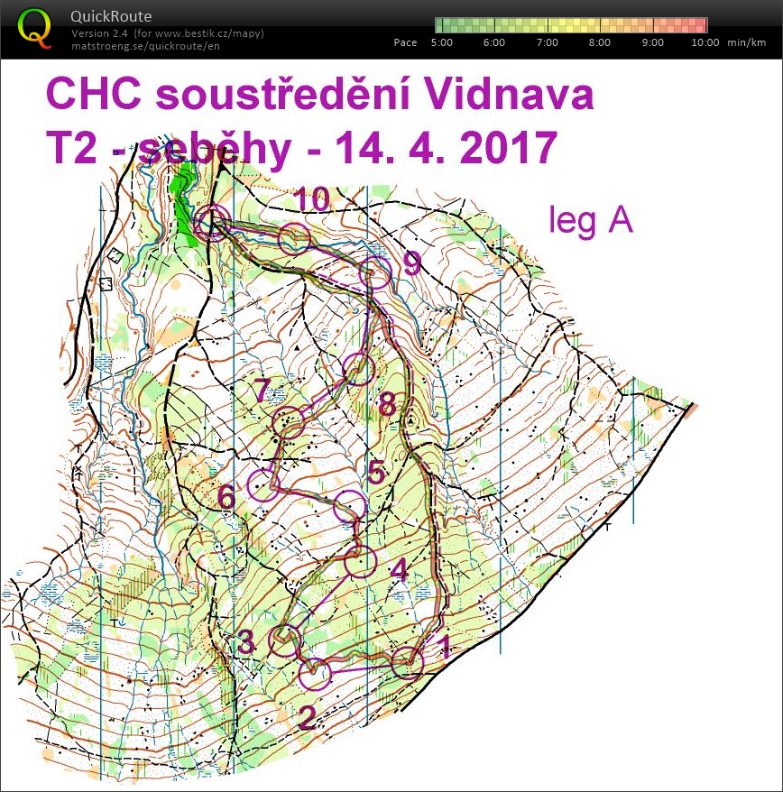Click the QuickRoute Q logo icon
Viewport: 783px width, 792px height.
[33, 26]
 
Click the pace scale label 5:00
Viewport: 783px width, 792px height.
[442, 42]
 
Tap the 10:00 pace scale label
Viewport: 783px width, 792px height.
[705, 42]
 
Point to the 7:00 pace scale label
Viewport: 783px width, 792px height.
[548, 42]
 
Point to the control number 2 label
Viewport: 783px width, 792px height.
[307, 717]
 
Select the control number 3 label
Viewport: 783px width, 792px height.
[245, 642]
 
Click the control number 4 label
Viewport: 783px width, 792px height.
[399, 570]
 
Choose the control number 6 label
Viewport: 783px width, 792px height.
[226, 496]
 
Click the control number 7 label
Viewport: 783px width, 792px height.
[262, 392]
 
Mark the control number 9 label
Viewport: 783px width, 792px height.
[412, 263]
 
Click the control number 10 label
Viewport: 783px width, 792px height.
[311, 200]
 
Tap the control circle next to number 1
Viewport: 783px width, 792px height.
[407, 663]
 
